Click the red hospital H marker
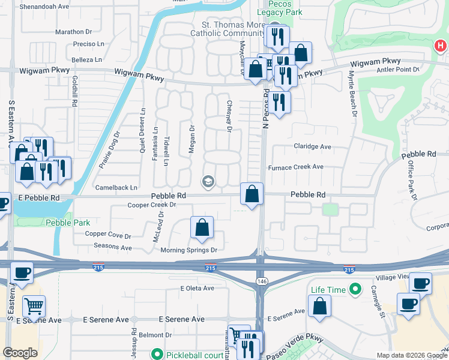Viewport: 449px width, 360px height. tap(440, 46)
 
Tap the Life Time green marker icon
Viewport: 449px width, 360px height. tap(355, 290)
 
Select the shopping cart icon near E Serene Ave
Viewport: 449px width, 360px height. tap(34, 306)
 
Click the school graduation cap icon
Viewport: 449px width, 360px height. tap(208, 182)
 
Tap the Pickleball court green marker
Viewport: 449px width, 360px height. tap(157, 354)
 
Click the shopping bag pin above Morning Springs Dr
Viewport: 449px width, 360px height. tap(202, 227)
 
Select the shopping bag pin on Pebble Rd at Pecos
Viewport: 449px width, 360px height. tap(252, 194)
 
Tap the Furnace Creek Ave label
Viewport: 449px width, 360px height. tap(295, 167)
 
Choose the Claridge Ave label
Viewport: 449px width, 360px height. tap(312, 146)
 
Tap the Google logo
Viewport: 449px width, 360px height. tap(20, 353)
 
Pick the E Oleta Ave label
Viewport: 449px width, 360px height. tap(197, 288)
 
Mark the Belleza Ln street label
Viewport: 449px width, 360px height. tap(86, 60)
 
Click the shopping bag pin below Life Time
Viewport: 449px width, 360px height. tap(319, 306)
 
